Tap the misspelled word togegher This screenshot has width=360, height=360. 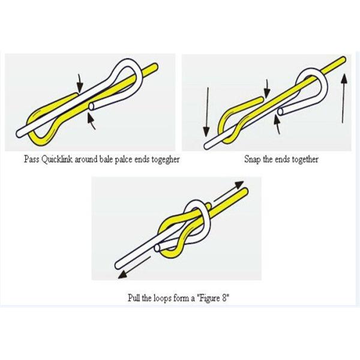point(165,160)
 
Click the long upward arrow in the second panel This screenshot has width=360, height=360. point(343,98)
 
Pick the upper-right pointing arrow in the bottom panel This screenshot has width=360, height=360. point(229,191)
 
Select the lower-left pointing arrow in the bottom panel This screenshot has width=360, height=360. point(134,268)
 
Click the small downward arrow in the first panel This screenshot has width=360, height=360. point(79,83)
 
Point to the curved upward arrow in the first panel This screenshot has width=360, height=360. point(91,122)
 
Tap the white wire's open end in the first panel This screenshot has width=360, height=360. point(91,107)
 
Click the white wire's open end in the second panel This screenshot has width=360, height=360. point(281,112)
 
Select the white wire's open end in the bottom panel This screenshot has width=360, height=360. point(157,248)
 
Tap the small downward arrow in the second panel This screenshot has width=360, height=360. point(267,89)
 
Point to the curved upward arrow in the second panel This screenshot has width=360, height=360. point(278,125)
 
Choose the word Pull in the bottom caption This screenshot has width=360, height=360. point(134,298)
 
